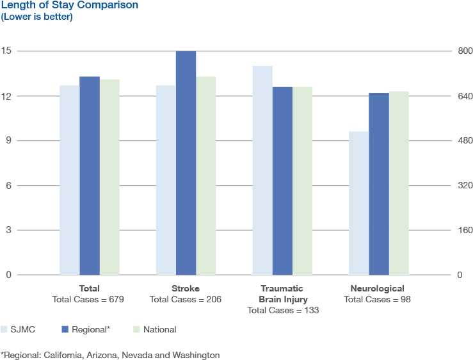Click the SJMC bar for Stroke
click(x=166, y=180)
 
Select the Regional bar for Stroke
click(x=186, y=163)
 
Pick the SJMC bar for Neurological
click(x=358, y=203)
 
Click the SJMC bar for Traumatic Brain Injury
click(x=262, y=170)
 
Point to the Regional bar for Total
click(x=90, y=176)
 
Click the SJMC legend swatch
click(x=4, y=329)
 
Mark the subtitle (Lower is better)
click(x=36, y=17)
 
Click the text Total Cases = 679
click(x=88, y=299)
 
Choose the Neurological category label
click(x=378, y=288)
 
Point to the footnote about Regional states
click(x=110, y=354)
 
